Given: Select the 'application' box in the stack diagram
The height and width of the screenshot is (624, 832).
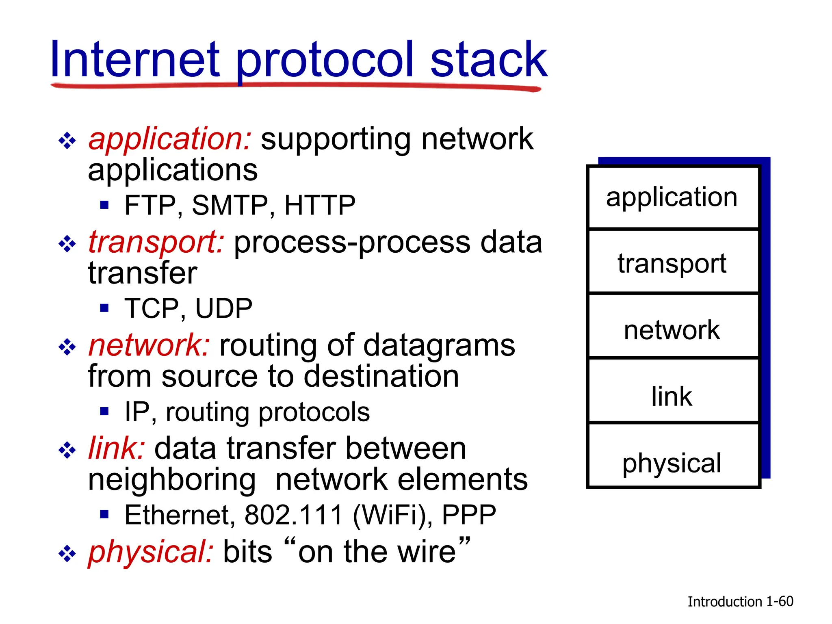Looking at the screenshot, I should [x=673, y=197].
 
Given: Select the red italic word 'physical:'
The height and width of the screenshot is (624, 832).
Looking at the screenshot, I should [x=151, y=552].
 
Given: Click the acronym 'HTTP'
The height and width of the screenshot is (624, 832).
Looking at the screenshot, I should [x=320, y=205].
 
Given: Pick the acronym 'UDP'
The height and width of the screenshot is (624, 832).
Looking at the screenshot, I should [x=224, y=308].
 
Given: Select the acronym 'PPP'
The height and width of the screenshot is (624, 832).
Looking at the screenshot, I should [x=469, y=515].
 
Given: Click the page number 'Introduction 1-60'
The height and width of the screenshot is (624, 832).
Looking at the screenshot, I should [x=740, y=601].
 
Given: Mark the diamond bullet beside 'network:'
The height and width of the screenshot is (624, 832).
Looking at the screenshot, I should [x=67, y=347].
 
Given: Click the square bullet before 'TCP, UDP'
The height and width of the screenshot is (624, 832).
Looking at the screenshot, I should [x=105, y=308].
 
